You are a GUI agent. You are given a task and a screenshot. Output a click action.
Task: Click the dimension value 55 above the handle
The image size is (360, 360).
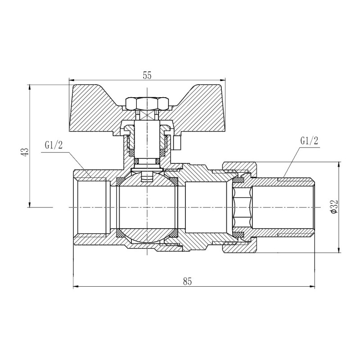coord(147,76)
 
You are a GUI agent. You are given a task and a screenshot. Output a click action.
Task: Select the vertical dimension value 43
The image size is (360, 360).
coord(26,152)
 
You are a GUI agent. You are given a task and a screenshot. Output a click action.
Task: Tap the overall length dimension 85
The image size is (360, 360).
coord(188,282)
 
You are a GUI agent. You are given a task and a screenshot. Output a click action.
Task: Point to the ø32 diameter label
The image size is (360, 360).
coord(333,206)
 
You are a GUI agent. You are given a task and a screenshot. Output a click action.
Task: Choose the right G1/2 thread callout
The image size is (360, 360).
coord(309,140)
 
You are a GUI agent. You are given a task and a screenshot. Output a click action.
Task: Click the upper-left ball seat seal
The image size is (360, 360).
coord(121,181)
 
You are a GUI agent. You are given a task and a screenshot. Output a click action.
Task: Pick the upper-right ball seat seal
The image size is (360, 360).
coord(173,181)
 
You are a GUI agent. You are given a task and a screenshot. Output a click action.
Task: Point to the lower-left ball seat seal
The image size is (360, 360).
coord(121,234)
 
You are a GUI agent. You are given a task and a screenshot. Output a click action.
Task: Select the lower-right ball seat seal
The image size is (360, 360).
coord(173,234)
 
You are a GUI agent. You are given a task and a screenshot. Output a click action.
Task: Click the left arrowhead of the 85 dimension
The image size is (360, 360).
coord(76,286)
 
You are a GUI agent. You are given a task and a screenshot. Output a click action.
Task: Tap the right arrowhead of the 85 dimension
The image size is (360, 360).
coord(315,286)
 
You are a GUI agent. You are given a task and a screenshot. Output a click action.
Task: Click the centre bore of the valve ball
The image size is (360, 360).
coord(147,207)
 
